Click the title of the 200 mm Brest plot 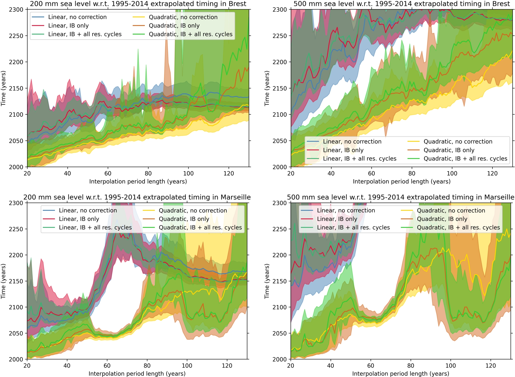[138, 4]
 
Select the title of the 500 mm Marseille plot [400, 197]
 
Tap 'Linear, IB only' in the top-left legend [68, 26]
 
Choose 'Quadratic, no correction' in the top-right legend [458, 142]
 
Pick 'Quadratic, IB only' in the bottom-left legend [184, 219]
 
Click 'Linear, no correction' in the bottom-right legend [346, 210]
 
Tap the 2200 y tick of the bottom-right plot [280, 255]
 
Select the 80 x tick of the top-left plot [148, 174]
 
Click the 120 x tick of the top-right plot [492, 174]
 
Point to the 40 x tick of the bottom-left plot [67, 366]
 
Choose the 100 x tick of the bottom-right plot [451, 366]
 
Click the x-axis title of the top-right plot [402, 182]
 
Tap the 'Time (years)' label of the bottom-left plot [3, 281]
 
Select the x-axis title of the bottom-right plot [400, 374]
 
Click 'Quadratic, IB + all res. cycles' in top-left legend [190, 34]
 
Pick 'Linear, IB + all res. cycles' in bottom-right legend [353, 228]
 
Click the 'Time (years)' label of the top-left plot [3, 88]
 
